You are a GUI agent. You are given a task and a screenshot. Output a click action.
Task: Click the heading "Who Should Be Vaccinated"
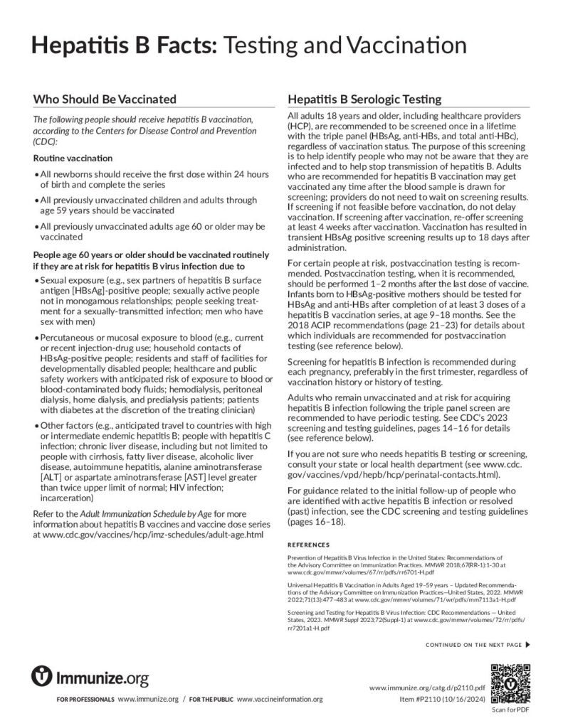[x=105, y=99]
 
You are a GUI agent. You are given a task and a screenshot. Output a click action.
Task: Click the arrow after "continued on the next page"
[x=527, y=645]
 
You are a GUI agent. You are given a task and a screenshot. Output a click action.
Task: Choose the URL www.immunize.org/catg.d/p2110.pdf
[x=427, y=688]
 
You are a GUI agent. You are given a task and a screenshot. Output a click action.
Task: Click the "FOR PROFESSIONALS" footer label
[x=85, y=701]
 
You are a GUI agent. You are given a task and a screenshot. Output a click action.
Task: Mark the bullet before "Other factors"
[x=36, y=426]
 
